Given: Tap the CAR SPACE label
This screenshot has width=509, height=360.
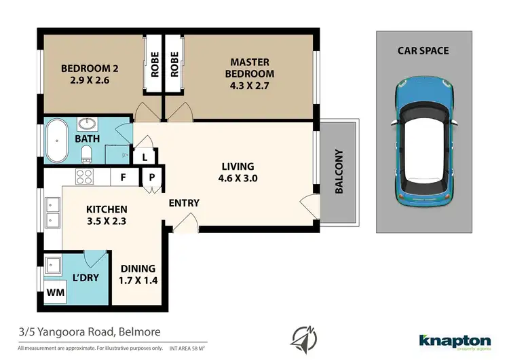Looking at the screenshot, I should point(423,51).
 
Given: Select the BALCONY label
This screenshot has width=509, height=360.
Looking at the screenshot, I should point(338,172).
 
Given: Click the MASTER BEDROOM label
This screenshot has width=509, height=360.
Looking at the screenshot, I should point(250,68).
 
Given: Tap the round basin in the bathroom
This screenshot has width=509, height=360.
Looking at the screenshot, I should point(88,124).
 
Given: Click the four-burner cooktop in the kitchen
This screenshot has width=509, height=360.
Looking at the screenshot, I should point(84,177).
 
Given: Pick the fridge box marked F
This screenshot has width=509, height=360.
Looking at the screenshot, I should point(123,177).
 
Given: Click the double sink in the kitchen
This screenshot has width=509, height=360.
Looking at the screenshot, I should point(52,211).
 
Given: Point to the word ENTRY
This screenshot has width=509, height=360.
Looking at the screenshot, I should point(183,203).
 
